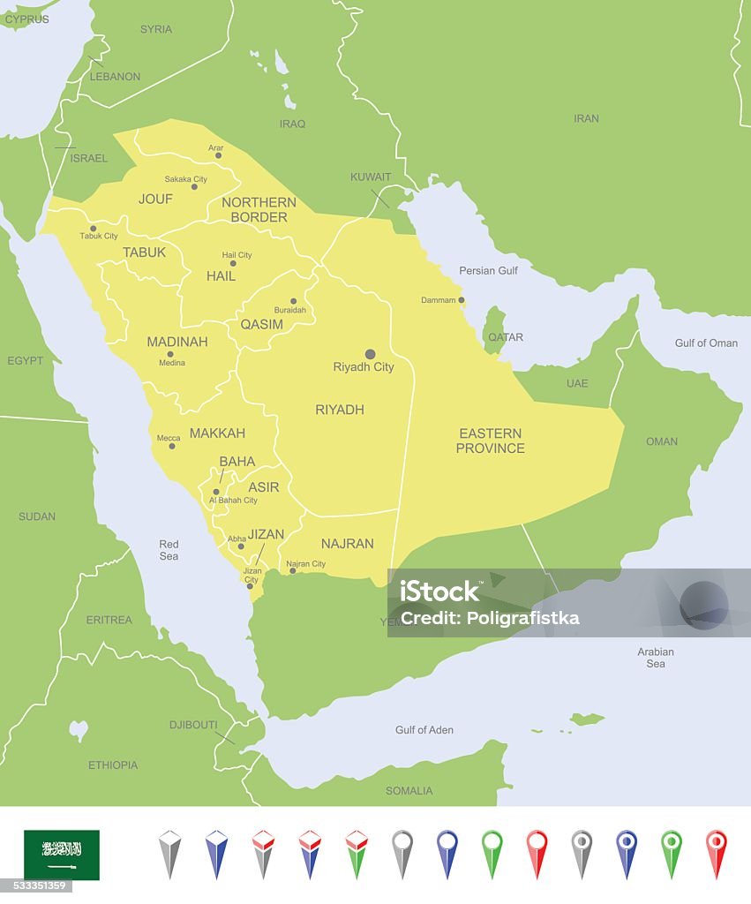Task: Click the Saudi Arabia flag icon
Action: [x=62, y=855]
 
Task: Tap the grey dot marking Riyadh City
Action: [x=370, y=354]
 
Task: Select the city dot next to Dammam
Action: [x=461, y=300]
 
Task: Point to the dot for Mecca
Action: [x=171, y=446]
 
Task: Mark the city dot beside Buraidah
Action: [x=293, y=301]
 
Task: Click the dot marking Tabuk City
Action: [x=93, y=228]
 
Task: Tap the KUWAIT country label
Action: [x=371, y=177]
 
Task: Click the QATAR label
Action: [x=506, y=337]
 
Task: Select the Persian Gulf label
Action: [x=489, y=270]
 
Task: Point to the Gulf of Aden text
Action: [x=424, y=730]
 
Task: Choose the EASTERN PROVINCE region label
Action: [x=490, y=441]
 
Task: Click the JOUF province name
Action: [x=155, y=199]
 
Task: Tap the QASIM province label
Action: [x=262, y=324]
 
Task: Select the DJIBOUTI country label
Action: [x=193, y=725]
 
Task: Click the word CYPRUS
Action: [x=27, y=19]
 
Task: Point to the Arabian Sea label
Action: [x=656, y=658]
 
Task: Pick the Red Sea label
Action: [x=169, y=550]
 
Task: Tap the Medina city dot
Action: [x=169, y=354]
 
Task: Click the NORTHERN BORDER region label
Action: [x=259, y=209]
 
